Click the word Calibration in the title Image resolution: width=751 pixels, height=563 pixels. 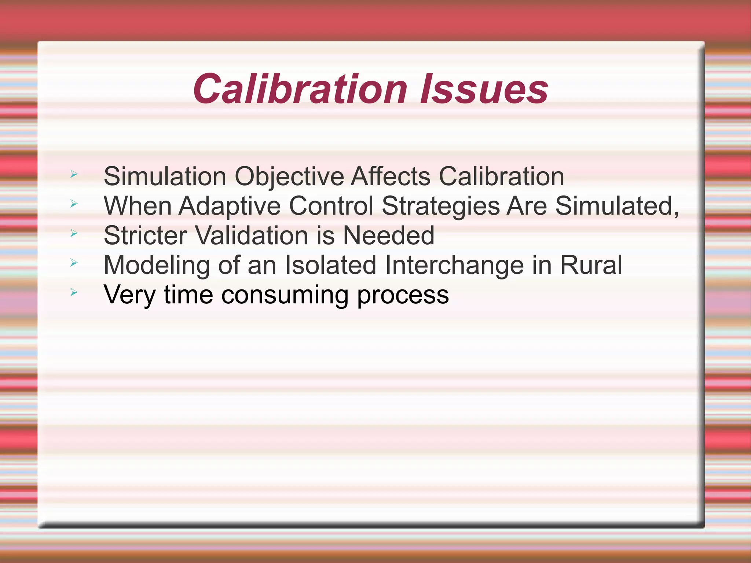pyautogui.click(x=300, y=89)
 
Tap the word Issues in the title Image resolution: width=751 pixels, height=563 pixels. pyautogui.click(x=484, y=89)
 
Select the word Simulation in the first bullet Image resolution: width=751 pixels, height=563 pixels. pyautogui.click(x=165, y=176)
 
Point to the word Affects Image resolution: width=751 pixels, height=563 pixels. pyautogui.click(x=391, y=176)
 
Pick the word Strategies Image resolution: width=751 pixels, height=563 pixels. pyautogui.click(x=440, y=206)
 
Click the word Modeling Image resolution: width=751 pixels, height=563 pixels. pyautogui.click(x=157, y=265)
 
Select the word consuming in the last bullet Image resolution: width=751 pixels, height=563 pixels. pyautogui.click(x=285, y=295)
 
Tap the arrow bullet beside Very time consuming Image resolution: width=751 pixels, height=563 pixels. pyautogui.click(x=74, y=292)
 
